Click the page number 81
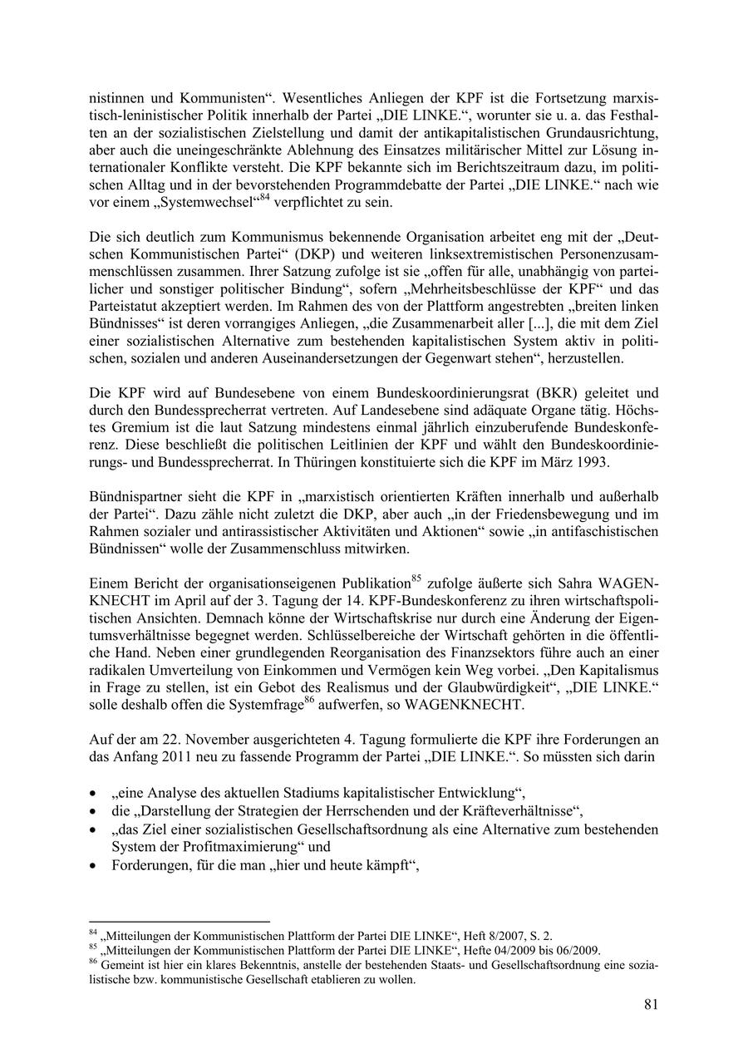(x=650, y=1004)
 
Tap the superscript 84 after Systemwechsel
(x=265, y=197)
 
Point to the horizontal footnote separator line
(x=180, y=922)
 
